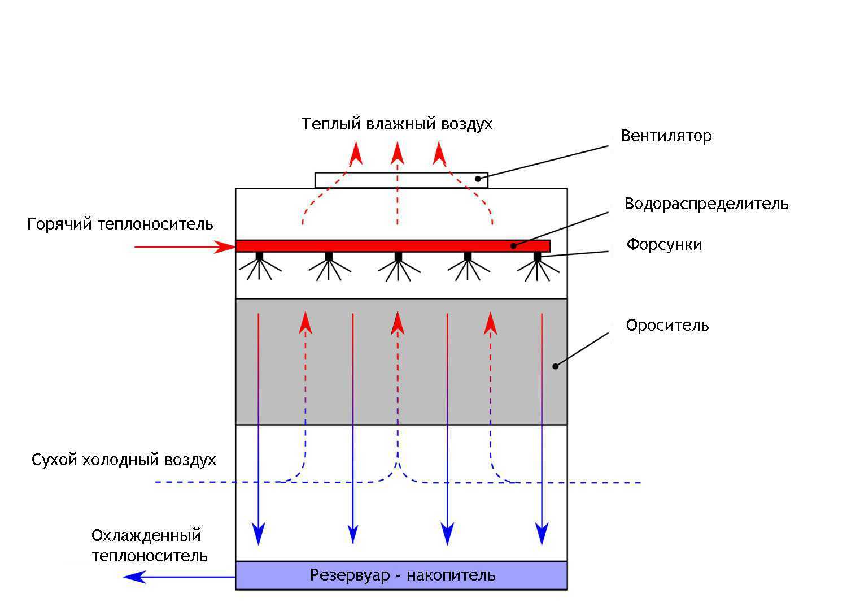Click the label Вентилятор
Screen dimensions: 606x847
coord(666,136)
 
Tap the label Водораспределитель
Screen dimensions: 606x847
coord(706,204)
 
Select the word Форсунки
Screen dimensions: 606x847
coord(664,245)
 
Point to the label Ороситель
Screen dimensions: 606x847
coord(667,326)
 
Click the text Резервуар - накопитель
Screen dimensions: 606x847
coord(403,575)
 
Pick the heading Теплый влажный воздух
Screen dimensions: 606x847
coord(397,124)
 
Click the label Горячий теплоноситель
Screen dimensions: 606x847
coord(120,224)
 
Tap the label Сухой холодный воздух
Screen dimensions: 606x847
coord(124,460)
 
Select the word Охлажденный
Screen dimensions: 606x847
coord(146,535)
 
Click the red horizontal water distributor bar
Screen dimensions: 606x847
coord(392,246)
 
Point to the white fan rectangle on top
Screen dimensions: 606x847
coord(401,180)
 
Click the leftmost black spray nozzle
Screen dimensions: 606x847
coord(259,257)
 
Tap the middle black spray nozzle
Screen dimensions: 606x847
coord(398,257)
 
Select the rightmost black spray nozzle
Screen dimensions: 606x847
coord(537,257)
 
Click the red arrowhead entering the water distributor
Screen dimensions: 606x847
coord(225,247)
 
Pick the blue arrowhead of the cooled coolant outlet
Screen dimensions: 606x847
coord(134,577)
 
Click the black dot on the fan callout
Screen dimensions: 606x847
coord(478,179)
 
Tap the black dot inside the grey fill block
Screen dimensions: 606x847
coord(555,366)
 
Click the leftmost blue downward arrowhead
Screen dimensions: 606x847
coord(259,534)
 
